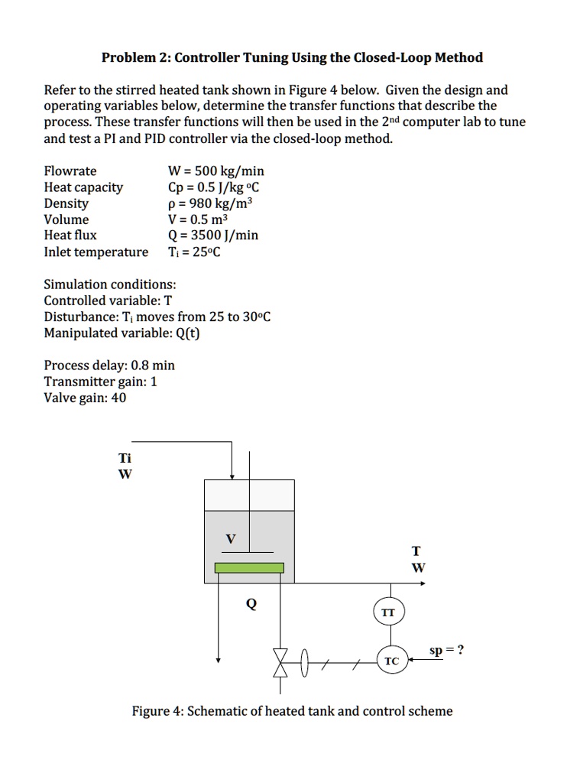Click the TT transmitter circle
pyautogui.click(x=389, y=612)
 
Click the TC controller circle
pyautogui.click(x=391, y=660)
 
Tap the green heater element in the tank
pyautogui.click(x=249, y=567)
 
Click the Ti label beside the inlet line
pyautogui.click(x=125, y=458)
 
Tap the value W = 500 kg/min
pyautogui.click(x=215, y=171)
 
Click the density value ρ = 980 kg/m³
pyautogui.click(x=209, y=203)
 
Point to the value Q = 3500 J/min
pyautogui.click(x=212, y=236)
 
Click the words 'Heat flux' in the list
pyautogui.click(x=70, y=236)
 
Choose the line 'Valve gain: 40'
pyautogui.click(x=85, y=398)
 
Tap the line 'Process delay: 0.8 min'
pyautogui.click(x=109, y=366)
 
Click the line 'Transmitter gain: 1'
pyautogui.click(x=100, y=382)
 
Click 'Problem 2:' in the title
pyautogui.click(x=134, y=57)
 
